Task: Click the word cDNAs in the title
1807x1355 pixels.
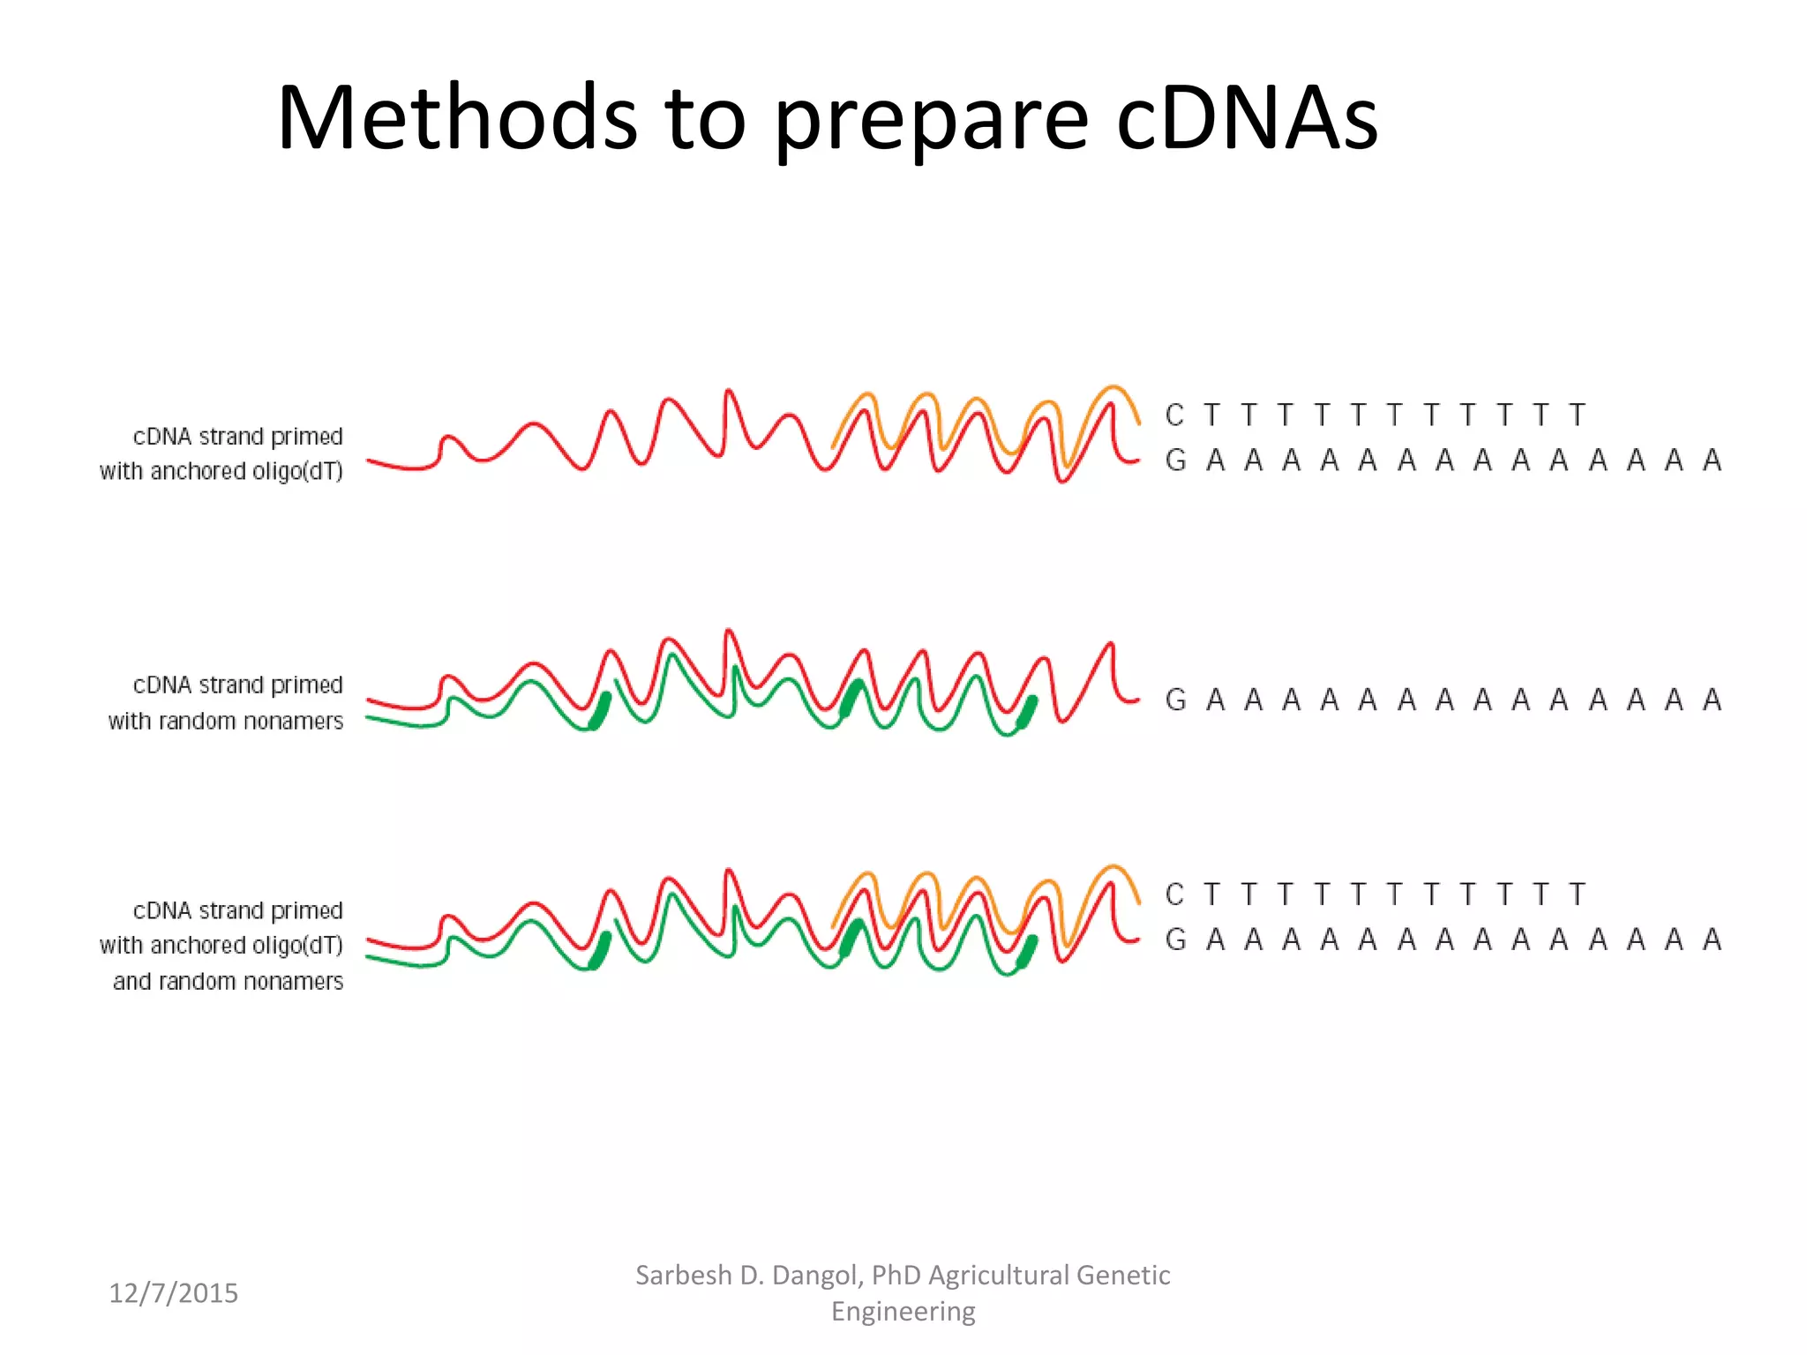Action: tap(1246, 119)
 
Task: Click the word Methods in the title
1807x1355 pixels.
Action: tap(457, 119)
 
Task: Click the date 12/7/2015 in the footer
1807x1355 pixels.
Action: tap(173, 1292)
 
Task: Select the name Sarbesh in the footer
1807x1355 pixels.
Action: tap(684, 1275)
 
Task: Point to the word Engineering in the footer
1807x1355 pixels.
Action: tap(903, 1311)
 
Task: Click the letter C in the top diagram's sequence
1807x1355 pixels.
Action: tap(1173, 415)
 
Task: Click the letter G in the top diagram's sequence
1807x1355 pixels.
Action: tap(1175, 460)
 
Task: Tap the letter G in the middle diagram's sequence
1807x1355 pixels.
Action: tap(1175, 700)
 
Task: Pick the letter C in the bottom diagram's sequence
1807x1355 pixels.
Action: tap(1173, 895)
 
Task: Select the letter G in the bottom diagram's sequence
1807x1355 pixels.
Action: tap(1175, 940)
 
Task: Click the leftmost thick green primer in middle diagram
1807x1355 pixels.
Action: tap(600, 711)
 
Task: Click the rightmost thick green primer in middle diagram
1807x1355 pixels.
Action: tap(1027, 712)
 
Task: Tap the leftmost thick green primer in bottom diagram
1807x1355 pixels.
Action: tap(600, 951)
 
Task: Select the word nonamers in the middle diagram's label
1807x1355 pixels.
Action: tap(293, 722)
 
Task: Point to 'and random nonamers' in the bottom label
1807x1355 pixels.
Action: tap(228, 982)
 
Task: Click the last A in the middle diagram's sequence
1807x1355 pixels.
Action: tap(1712, 700)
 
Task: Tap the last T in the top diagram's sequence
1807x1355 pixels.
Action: tap(1577, 415)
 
